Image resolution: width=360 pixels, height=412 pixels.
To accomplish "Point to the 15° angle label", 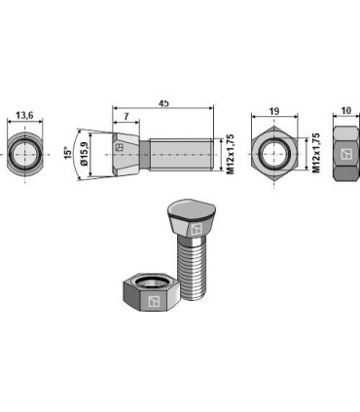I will (68, 155).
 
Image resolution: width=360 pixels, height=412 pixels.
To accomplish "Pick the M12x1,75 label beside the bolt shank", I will (230, 154).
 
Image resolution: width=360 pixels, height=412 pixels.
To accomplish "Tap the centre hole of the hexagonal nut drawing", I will (275, 154).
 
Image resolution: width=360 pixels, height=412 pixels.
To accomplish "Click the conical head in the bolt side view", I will (126, 154).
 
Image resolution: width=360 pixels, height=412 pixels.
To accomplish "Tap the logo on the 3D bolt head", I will (195, 230).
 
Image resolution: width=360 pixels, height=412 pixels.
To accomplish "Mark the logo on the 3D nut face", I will (151, 305).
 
